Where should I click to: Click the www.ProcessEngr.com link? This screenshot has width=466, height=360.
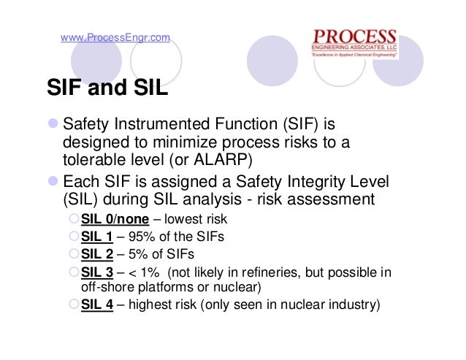pyautogui.click(x=115, y=38)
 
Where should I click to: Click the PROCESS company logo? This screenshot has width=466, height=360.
pyautogui.click(x=354, y=43)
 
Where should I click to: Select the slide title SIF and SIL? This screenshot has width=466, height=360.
pyautogui.click(x=107, y=89)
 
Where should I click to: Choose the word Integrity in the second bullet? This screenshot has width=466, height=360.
pyautogui.click(x=316, y=180)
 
